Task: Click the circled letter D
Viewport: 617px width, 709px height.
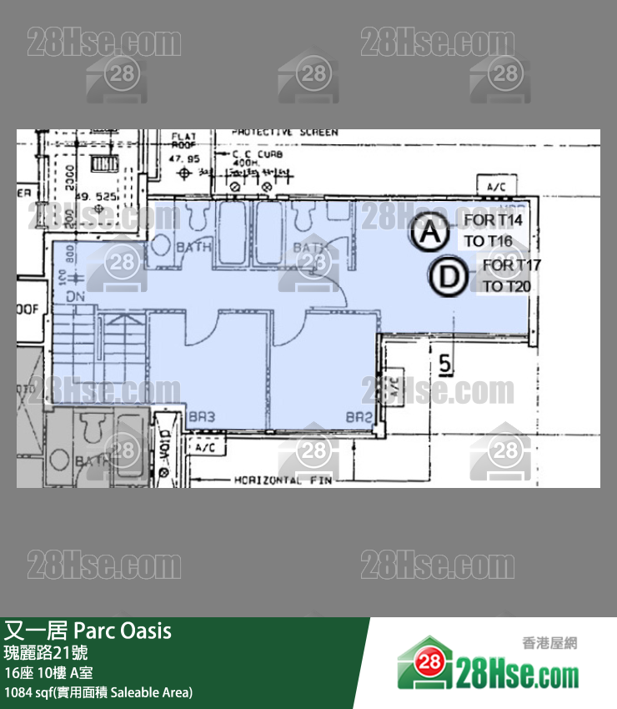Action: (x=449, y=278)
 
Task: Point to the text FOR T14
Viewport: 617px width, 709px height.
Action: (x=493, y=220)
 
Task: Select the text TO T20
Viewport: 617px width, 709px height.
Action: (x=507, y=286)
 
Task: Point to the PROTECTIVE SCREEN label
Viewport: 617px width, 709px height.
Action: (x=284, y=133)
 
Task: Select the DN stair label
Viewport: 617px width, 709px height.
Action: (x=75, y=296)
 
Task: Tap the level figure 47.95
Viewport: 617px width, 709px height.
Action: (x=184, y=158)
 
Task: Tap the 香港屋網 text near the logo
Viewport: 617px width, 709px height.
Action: (x=549, y=642)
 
